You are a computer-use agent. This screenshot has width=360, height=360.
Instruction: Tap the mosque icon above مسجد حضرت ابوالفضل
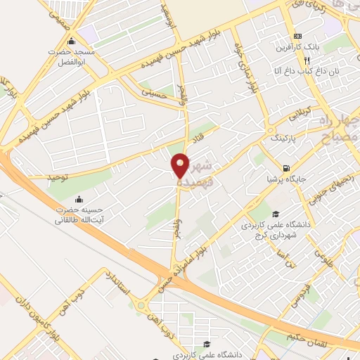[x=71, y=41]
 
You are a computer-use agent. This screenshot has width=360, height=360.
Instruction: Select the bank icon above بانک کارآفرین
[x=298, y=36]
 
